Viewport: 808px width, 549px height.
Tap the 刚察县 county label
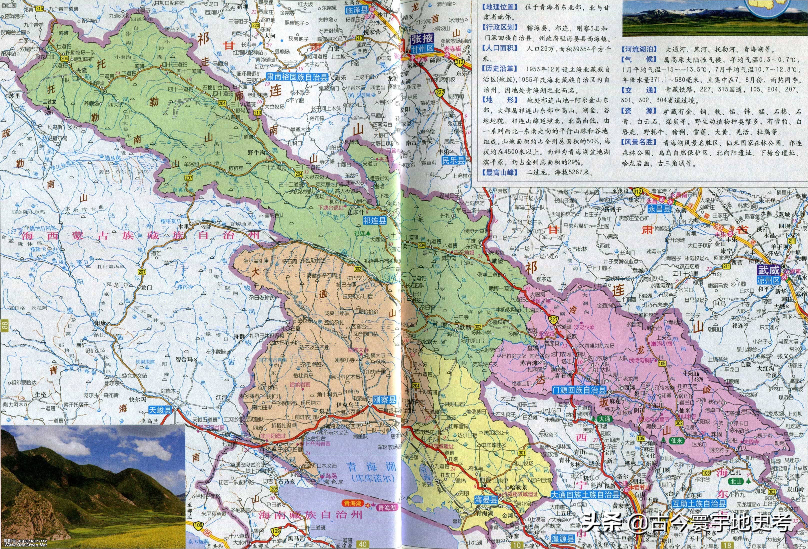coord(384,400)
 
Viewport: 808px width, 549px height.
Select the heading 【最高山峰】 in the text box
coord(499,172)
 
